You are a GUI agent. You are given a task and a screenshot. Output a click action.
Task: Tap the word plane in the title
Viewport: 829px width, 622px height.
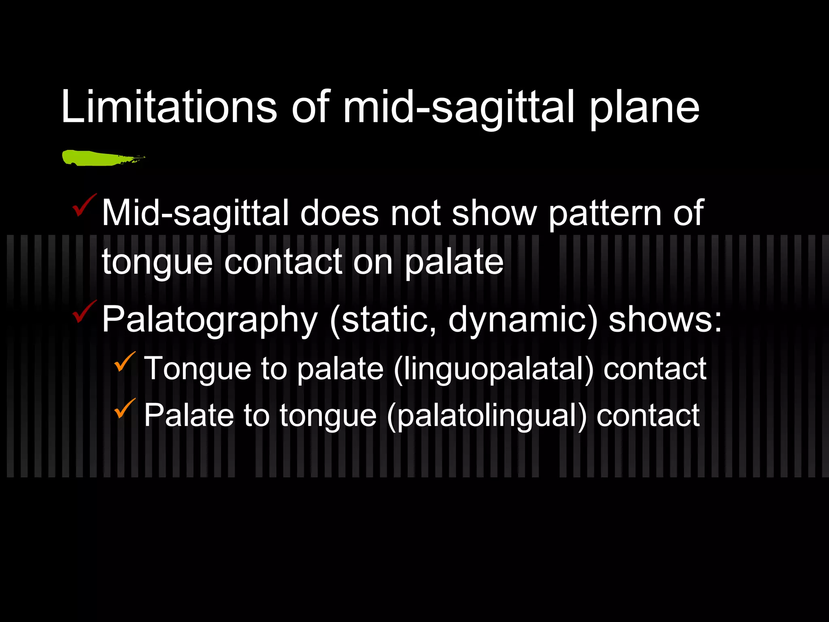644,109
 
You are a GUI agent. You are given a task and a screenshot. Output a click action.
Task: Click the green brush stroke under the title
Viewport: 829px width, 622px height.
101,158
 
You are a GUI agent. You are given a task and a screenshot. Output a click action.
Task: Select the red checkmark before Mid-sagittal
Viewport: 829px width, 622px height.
84,205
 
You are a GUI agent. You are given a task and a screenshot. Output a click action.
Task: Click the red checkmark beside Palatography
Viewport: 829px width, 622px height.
84,312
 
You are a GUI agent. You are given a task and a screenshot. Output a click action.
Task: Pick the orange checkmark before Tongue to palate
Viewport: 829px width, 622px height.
125,362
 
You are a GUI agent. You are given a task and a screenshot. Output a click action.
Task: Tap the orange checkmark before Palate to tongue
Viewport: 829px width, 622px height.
125,408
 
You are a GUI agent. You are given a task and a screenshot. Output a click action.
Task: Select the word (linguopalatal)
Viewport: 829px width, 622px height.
493,369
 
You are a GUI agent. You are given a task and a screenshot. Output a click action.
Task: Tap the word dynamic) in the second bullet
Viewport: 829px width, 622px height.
523,320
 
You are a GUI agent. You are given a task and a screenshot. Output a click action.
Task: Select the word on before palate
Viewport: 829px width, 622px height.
373,262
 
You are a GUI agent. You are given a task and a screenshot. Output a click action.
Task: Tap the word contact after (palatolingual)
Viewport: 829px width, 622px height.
648,415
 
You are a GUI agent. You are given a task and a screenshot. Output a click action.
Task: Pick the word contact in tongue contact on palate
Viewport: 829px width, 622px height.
283,262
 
